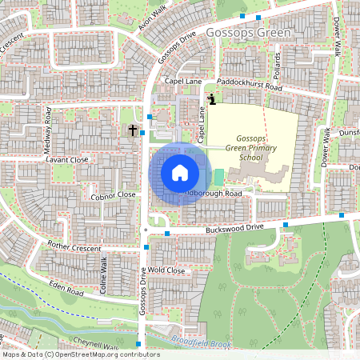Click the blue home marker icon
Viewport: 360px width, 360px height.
pos(180,172)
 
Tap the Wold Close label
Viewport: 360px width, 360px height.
pos(167,271)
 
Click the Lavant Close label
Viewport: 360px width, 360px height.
pos(66,159)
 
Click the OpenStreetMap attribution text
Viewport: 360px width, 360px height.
pos(80,354)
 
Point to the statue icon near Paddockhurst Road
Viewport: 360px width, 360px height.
pos(211,99)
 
